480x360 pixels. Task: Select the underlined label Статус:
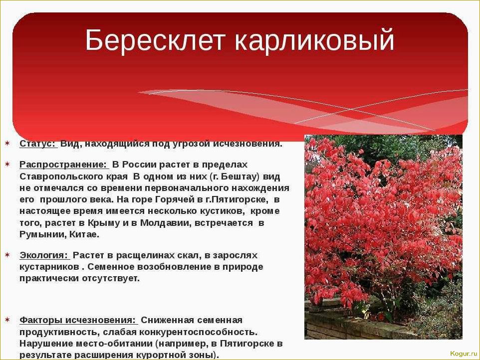(38, 144)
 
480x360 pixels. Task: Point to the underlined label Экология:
(44, 255)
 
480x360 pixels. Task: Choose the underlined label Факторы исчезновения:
(77, 320)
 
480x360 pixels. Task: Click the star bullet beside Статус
(7, 144)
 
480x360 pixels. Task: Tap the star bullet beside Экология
(7, 255)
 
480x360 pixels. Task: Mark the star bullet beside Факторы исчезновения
(7, 319)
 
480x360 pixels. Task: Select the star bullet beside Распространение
(7, 164)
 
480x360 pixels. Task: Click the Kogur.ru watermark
(463, 354)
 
